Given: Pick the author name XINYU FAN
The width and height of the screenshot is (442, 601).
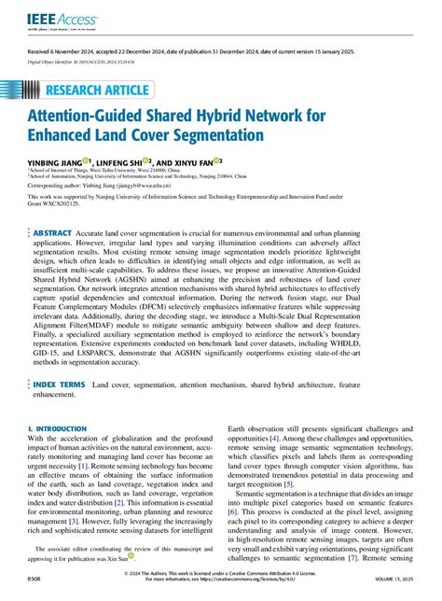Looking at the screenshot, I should click(221, 161).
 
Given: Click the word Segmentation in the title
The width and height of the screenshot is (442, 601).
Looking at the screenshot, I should click(251, 136).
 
